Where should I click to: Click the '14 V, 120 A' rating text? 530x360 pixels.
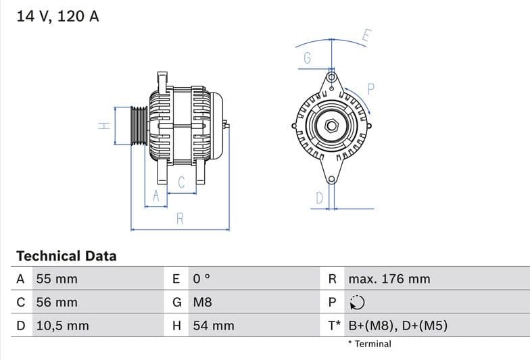57,16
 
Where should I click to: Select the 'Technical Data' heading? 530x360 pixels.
66,256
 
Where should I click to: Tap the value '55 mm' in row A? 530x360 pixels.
57,279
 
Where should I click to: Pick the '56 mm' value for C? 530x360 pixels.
57,302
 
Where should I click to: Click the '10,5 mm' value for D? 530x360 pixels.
62,326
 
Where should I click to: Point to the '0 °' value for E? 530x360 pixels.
202,279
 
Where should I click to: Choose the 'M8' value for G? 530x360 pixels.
203,302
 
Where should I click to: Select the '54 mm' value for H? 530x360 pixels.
214,326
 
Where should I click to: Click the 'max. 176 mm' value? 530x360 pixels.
389,279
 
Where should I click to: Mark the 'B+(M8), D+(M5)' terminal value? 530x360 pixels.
397,326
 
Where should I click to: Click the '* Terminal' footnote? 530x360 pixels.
369,344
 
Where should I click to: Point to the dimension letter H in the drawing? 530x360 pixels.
103,126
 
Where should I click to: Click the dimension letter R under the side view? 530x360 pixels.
180,218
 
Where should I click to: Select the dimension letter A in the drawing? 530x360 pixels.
156,196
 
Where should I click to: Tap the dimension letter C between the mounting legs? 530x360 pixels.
181,182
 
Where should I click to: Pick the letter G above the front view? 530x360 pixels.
307,59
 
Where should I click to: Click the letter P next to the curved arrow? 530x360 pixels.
371,88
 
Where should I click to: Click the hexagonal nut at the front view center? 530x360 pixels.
331,126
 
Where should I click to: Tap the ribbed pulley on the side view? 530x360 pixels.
139,126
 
